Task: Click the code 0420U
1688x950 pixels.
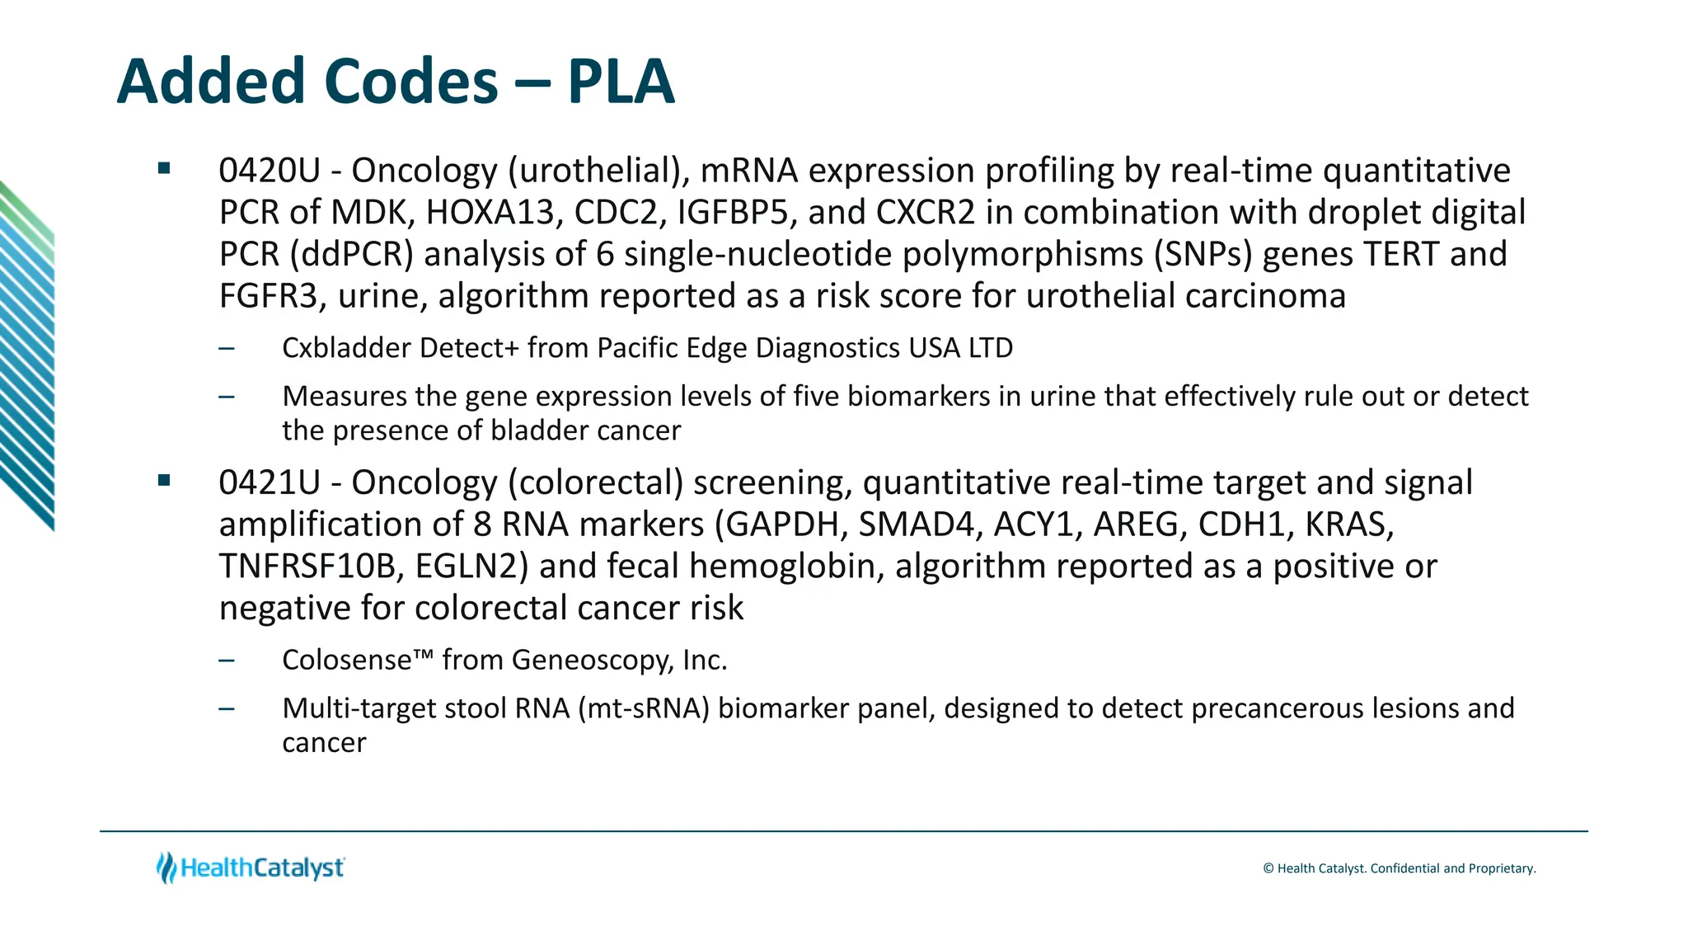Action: [x=269, y=171]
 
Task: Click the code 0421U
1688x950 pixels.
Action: [x=269, y=482]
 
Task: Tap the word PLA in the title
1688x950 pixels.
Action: [x=621, y=82]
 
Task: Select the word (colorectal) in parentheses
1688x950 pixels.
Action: [x=595, y=482]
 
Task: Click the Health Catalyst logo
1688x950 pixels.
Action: [x=251, y=868]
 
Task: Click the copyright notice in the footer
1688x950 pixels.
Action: [x=1399, y=868]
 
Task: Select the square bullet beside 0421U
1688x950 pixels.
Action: [x=164, y=480]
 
